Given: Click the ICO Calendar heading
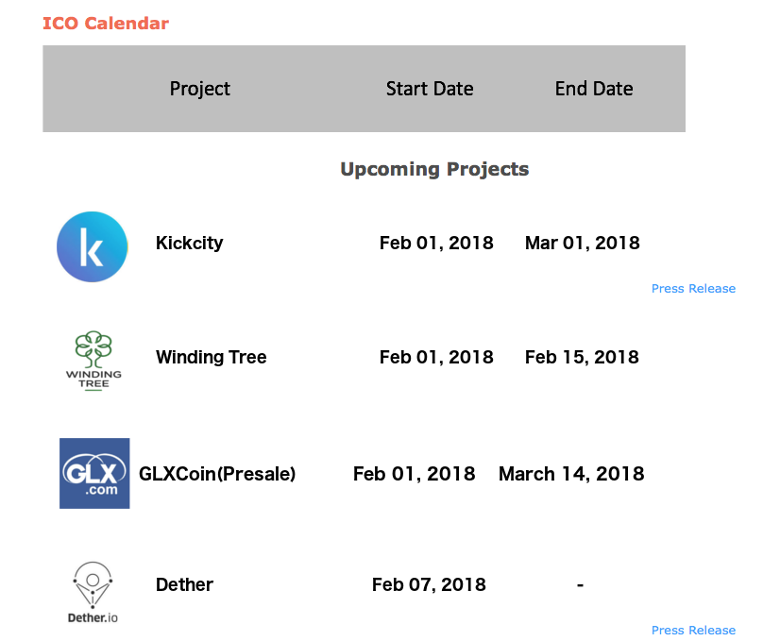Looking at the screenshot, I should click(106, 24).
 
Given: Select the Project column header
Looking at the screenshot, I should click(200, 89).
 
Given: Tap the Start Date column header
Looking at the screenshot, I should click(430, 89).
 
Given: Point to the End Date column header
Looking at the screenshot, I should click(594, 89).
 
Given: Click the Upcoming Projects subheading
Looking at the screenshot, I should click(434, 170).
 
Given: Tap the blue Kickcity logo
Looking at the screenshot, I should click(92, 247).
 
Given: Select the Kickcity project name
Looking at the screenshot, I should click(189, 243).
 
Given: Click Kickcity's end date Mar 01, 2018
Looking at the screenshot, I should click(582, 243).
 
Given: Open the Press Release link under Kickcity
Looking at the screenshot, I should click(693, 289).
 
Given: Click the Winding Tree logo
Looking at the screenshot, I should click(93, 360).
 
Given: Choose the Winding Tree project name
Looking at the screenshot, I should click(211, 357).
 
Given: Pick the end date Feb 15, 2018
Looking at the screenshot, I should click(582, 357).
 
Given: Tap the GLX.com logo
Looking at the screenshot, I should click(94, 473).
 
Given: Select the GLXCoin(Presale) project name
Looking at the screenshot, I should click(217, 474).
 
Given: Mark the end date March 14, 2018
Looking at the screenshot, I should click(571, 474).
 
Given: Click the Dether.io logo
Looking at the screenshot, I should click(93, 592).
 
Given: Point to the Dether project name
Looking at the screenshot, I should click(184, 584).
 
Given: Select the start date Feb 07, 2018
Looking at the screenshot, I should click(429, 584).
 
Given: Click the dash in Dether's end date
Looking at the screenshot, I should click(580, 585).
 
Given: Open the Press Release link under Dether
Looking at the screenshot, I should click(693, 631).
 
